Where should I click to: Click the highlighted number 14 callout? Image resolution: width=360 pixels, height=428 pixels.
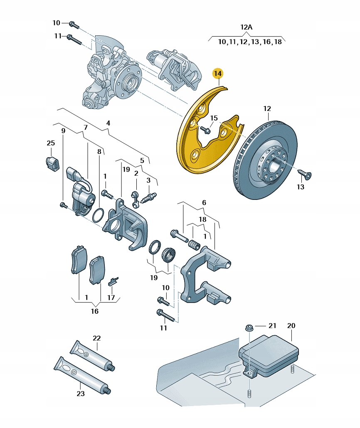[x=218, y=74]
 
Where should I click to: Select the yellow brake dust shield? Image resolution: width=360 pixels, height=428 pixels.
[x=195, y=145]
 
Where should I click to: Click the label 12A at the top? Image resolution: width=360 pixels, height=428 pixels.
[x=246, y=27]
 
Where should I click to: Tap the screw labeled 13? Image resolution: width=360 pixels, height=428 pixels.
[x=307, y=175]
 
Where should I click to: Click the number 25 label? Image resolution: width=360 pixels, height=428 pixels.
[x=51, y=143]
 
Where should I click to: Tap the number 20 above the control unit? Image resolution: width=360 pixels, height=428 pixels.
[x=291, y=325]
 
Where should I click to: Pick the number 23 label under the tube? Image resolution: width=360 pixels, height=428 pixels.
[x=80, y=394]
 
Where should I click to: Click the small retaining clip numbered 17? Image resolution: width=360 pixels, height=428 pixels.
[x=113, y=281]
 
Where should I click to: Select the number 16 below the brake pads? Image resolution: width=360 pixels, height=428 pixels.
[x=95, y=311]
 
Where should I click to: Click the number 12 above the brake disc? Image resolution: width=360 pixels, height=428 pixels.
[x=267, y=109]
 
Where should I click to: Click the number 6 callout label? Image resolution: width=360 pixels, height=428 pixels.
[x=204, y=202]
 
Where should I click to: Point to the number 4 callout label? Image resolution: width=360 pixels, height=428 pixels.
[x=108, y=123]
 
